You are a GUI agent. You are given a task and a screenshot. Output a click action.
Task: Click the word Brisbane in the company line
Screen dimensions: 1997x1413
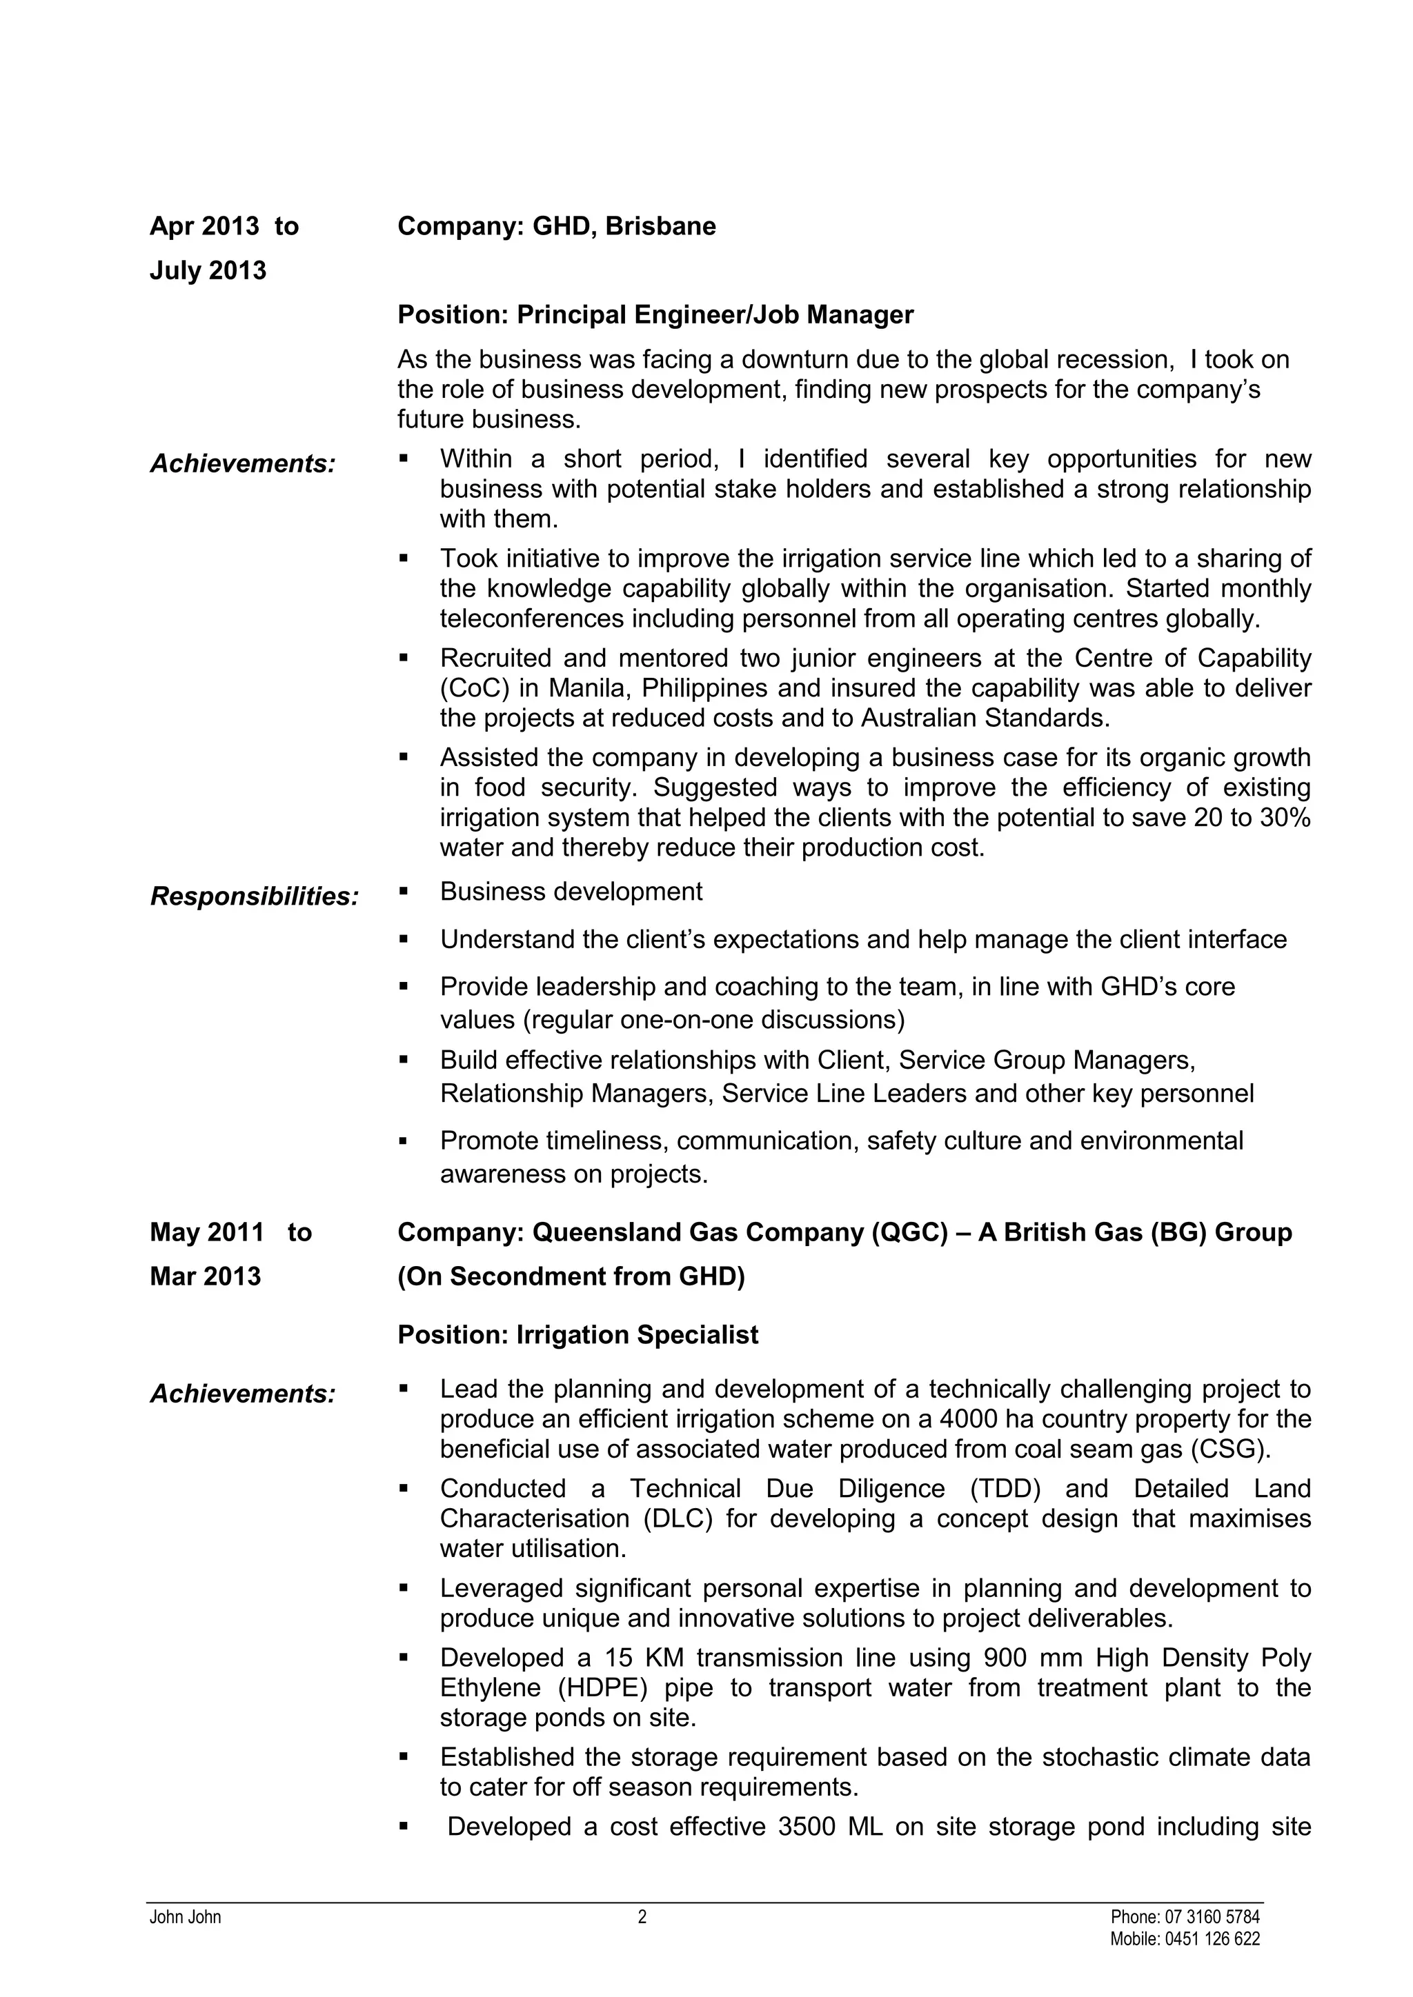[660, 226]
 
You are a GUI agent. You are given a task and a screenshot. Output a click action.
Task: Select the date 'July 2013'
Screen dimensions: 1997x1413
[208, 270]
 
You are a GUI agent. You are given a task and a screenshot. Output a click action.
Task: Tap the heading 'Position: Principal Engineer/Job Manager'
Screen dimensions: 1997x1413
[655, 315]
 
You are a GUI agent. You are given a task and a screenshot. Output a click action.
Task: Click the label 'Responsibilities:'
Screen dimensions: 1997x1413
[254, 896]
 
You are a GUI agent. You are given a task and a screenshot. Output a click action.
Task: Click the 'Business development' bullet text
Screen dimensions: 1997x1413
[571, 892]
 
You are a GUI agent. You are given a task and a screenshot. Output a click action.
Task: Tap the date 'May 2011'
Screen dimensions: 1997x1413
[207, 1232]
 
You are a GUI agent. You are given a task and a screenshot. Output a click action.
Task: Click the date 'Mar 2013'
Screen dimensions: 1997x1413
[206, 1276]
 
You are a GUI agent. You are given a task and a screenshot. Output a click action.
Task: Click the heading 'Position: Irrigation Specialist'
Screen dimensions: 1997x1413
[577, 1335]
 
